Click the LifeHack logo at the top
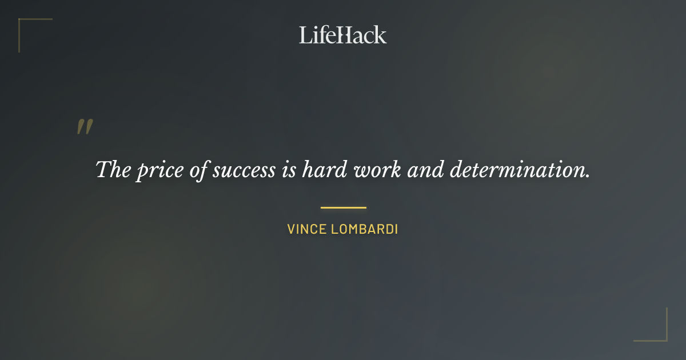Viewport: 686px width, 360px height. pos(343,35)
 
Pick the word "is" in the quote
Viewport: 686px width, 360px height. pos(288,170)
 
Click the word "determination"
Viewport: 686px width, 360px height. pos(517,170)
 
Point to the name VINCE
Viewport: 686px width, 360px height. pos(305,230)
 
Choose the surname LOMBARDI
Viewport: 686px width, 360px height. pos(364,230)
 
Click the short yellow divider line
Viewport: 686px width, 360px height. pos(343,207)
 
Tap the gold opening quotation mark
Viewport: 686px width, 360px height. pos(85,127)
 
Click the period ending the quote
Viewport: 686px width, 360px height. pos(588,176)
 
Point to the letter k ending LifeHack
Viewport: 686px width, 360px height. pos(380,35)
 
